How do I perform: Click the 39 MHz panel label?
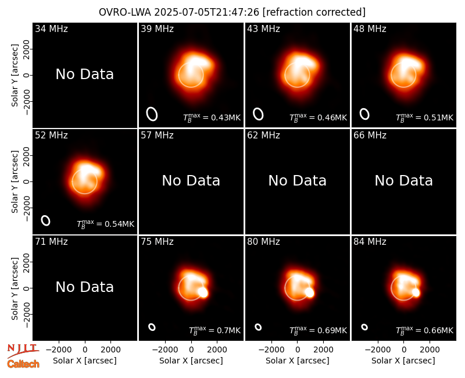point(157,28)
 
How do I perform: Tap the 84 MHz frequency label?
point(370,242)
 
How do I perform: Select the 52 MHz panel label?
point(51,135)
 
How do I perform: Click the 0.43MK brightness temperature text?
point(212,117)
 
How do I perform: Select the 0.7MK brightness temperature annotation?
point(214,330)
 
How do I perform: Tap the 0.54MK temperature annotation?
point(106,223)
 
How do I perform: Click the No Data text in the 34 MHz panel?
point(85,74)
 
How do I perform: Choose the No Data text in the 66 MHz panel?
point(403,181)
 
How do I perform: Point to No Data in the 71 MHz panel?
point(85,287)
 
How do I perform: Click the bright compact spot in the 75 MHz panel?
point(203,293)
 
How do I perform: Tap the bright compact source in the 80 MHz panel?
point(309,293)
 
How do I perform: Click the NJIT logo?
point(23,351)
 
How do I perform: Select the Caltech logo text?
point(23,364)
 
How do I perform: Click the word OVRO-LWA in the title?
point(125,12)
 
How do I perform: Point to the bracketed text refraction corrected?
point(314,12)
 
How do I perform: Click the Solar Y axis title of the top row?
point(15,76)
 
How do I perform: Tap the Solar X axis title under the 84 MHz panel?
point(403,361)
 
